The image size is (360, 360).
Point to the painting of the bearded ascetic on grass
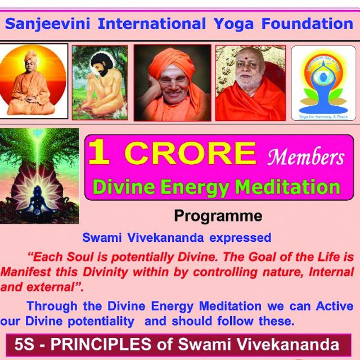tap(100, 83)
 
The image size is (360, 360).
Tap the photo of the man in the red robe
tap(250, 83)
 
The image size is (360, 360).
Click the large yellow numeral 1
tap(100, 153)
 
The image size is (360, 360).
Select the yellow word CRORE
tap(190, 154)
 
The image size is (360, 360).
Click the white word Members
tap(305, 157)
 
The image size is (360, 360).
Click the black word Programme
tap(218, 215)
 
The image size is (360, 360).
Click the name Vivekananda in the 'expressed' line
tap(163, 237)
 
